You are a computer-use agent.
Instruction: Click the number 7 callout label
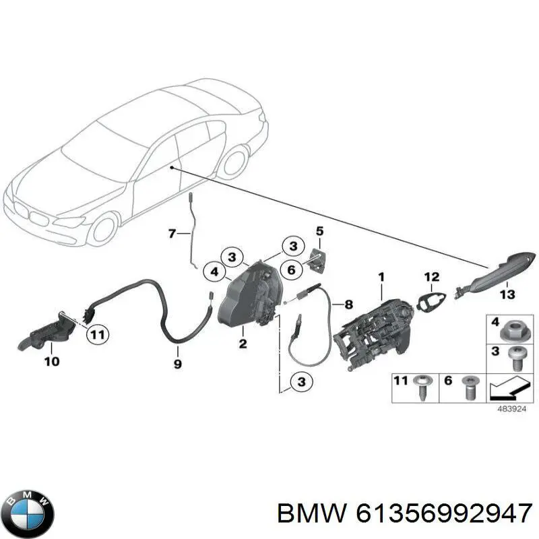172,234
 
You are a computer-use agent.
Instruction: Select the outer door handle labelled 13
493,274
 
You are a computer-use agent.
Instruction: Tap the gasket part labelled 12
429,301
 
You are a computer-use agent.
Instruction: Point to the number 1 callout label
381,276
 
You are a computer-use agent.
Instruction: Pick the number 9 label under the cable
177,364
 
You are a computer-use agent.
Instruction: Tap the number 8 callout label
348,304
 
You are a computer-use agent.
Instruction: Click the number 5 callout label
319,231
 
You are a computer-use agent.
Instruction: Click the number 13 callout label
506,294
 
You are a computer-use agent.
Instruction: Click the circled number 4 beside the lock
214,272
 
